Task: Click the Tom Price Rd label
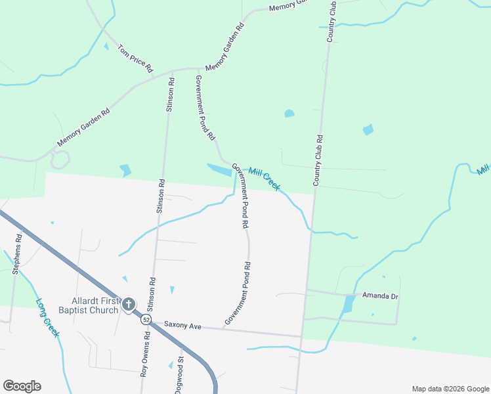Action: (x=135, y=58)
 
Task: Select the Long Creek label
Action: (x=48, y=318)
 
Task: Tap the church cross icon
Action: (x=128, y=304)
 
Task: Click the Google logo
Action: (x=22, y=386)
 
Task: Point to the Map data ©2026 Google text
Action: (x=450, y=388)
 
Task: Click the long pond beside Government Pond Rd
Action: (x=219, y=170)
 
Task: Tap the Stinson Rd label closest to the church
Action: (x=152, y=294)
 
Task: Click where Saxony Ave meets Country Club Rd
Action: (x=301, y=337)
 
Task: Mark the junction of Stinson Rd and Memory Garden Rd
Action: (x=172, y=70)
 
